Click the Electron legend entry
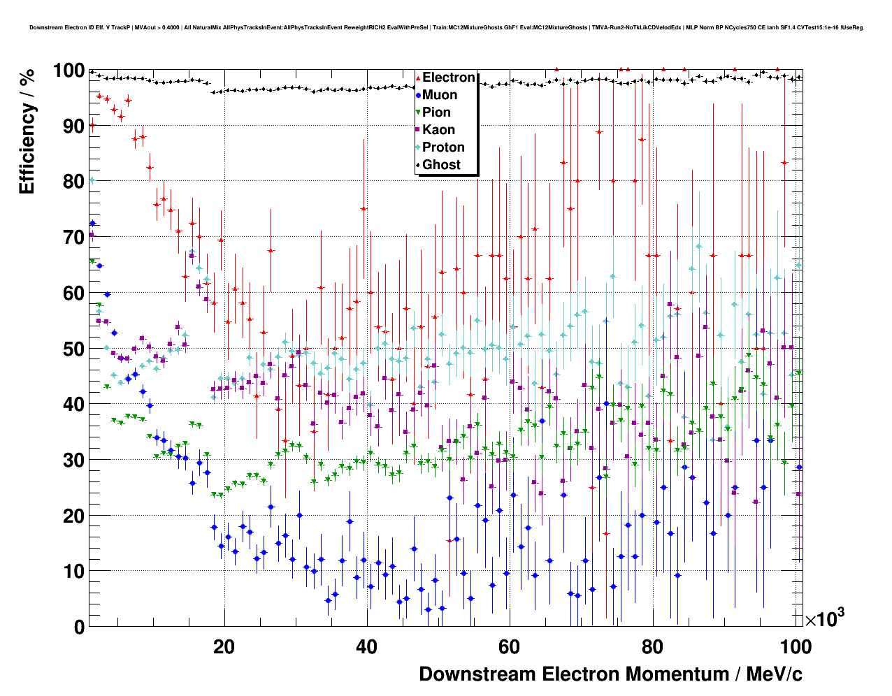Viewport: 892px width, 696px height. point(448,78)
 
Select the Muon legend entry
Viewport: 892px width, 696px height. point(439,95)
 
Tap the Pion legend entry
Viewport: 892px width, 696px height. point(436,113)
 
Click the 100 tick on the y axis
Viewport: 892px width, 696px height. point(69,71)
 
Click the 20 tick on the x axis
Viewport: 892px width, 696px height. point(224,647)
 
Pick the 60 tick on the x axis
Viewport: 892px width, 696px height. point(509,647)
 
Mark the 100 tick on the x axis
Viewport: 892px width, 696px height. point(795,647)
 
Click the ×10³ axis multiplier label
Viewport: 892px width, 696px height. point(825,618)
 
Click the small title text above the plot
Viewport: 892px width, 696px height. point(446,27)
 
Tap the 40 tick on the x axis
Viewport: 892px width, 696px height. point(366,647)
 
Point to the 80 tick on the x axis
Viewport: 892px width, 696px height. point(652,647)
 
